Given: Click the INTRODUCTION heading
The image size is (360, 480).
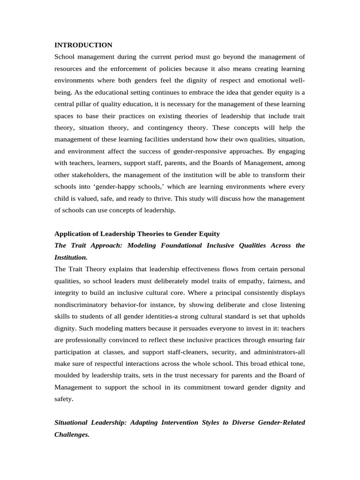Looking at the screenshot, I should pyautogui.click(x=83, y=45).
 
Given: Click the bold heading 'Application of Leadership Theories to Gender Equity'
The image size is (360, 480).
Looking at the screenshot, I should pyautogui.click(x=137, y=234).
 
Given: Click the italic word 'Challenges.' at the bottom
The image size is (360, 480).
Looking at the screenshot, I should pyautogui.click(x=72, y=435).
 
